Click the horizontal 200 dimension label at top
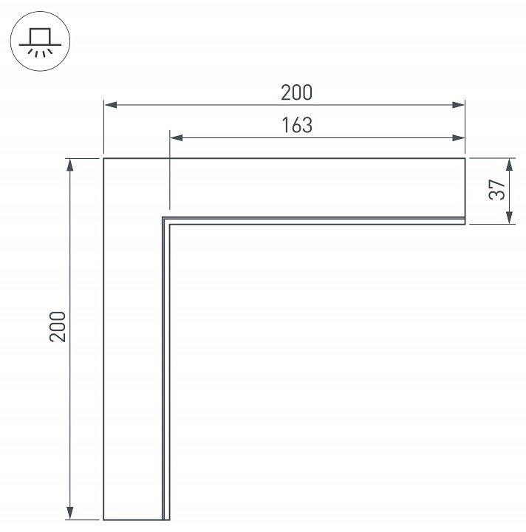pyautogui.click(x=296, y=92)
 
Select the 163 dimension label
pyautogui.click(x=297, y=125)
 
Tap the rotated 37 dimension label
pyautogui.click(x=497, y=189)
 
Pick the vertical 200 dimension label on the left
pyautogui.click(x=58, y=327)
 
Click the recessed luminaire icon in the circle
pyautogui.click(x=40, y=42)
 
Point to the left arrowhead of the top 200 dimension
pyautogui.click(x=111, y=105)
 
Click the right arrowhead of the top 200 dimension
pyautogui.click(x=458, y=105)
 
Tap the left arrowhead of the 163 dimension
pyautogui.click(x=177, y=137)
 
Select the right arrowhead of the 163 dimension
pyautogui.click(x=458, y=137)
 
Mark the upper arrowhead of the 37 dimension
pyautogui.click(x=509, y=165)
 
